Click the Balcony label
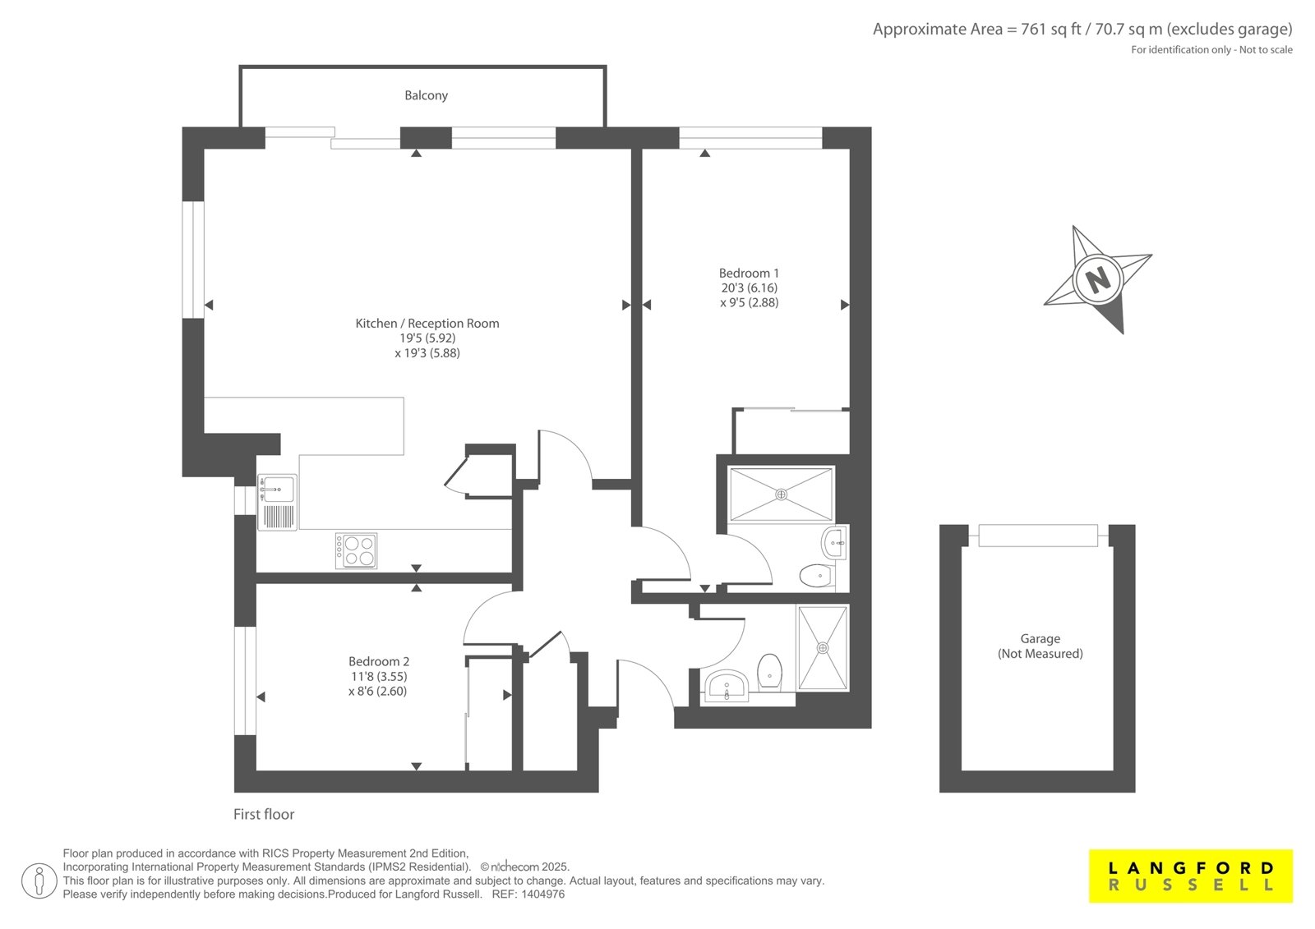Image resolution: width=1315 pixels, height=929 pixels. point(426,95)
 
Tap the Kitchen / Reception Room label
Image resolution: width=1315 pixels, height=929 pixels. point(427,324)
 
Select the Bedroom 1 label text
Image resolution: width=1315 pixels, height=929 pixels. point(749,274)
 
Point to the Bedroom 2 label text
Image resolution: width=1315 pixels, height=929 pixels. point(379,661)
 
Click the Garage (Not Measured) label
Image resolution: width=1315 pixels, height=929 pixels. point(1040,646)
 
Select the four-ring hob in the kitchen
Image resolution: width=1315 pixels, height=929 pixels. point(356,550)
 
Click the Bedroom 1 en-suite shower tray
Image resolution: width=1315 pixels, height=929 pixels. point(781,494)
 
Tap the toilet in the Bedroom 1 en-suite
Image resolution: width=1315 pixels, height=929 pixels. point(816,576)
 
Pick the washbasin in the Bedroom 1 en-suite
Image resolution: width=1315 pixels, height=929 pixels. point(833,544)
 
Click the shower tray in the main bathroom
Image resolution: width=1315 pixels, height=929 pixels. point(823,648)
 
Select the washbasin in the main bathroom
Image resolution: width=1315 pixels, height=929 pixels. point(727,685)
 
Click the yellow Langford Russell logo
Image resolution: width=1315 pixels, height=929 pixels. point(1191,876)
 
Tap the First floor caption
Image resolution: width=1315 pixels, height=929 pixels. point(264,814)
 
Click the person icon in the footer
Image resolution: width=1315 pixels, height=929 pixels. point(39,881)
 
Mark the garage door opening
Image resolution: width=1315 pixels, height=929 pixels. point(1038,536)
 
